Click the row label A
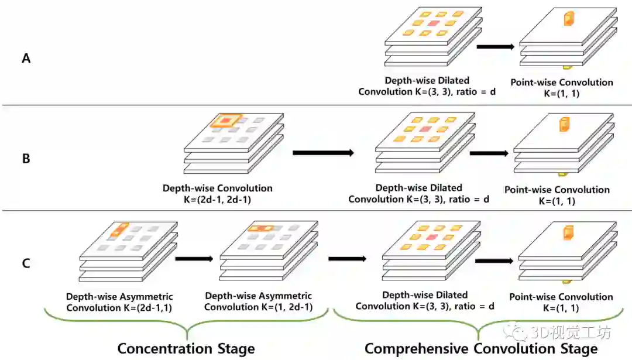(x=26, y=58)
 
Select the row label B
(x=26, y=158)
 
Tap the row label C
(x=26, y=263)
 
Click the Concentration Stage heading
(x=186, y=349)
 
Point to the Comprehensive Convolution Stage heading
(x=481, y=349)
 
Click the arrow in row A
(x=495, y=46)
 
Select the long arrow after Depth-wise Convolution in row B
(x=323, y=153)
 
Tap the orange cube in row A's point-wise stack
(x=567, y=19)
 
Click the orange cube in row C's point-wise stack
(x=566, y=233)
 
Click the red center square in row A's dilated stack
(x=434, y=23)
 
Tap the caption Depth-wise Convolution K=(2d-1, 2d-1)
(x=218, y=194)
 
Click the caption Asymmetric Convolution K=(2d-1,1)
(x=119, y=302)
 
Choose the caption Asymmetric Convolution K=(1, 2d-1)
(x=258, y=302)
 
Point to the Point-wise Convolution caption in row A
(x=561, y=88)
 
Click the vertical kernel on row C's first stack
(x=120, y=229)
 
